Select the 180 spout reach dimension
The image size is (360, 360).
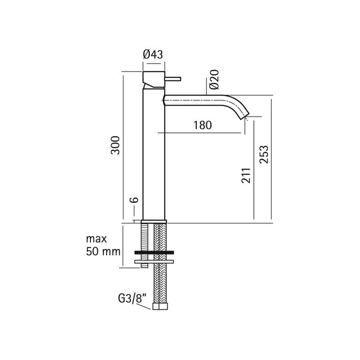[x=202, y=125]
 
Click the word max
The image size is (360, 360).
[x=95, y=239]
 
